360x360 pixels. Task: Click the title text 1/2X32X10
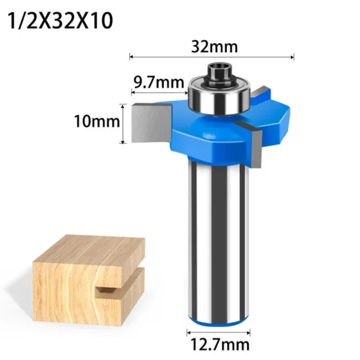tap(60, 21)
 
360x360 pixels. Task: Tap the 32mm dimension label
tap(215, 46)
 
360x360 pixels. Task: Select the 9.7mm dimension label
tap(159, 82)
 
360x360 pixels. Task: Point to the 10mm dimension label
tap(97, 122)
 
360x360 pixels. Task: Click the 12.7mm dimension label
tap(220, 345)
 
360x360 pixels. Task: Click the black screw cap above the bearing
tap(219, 71)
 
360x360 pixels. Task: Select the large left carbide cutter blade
tap(152, 123)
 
